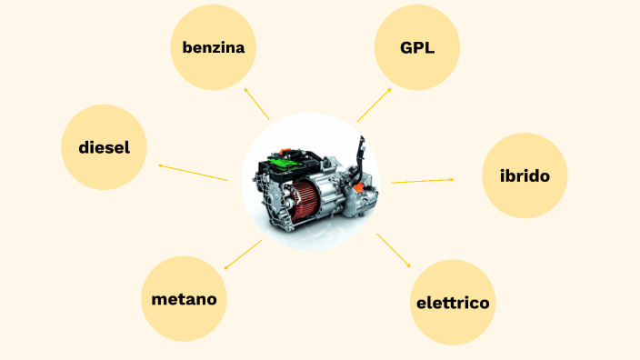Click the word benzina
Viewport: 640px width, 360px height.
pyautogui.click(x=214, y=47)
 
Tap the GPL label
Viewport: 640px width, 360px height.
pyautogui.click(x=417, y=47)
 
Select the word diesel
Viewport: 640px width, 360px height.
pyautogui.click(x=104, y=147)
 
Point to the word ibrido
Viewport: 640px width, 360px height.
pyautogui.click(x=525, y=175)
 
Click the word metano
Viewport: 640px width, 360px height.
pyautogui.click(x=184, y=298)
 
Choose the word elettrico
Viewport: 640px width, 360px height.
pyautogui.click(x=453, y=303)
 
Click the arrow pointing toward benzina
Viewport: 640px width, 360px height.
pyautogui.click(x=256, y=105)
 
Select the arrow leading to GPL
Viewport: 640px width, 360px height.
pyautogui.click(x=375, y=105)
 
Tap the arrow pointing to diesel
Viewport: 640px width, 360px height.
pyautogui.click(x=193, y=173)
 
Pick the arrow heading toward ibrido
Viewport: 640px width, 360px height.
pyautogui.click(x=423, y=181)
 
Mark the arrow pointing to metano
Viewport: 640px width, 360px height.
pyautogui.click(x=242, y=255)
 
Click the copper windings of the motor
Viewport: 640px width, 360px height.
pyautogui.click(x=307, y=199)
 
